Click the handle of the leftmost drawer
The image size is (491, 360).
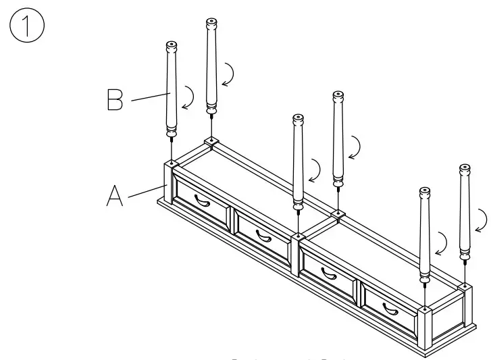(x=201, y=200)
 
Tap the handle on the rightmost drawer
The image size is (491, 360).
(x=391, y=309)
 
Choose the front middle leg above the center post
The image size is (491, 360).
(x=297, y=162)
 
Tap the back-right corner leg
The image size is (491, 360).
(x=465, y=209)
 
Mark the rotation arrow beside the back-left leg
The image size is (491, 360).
(x=230, y=74)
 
